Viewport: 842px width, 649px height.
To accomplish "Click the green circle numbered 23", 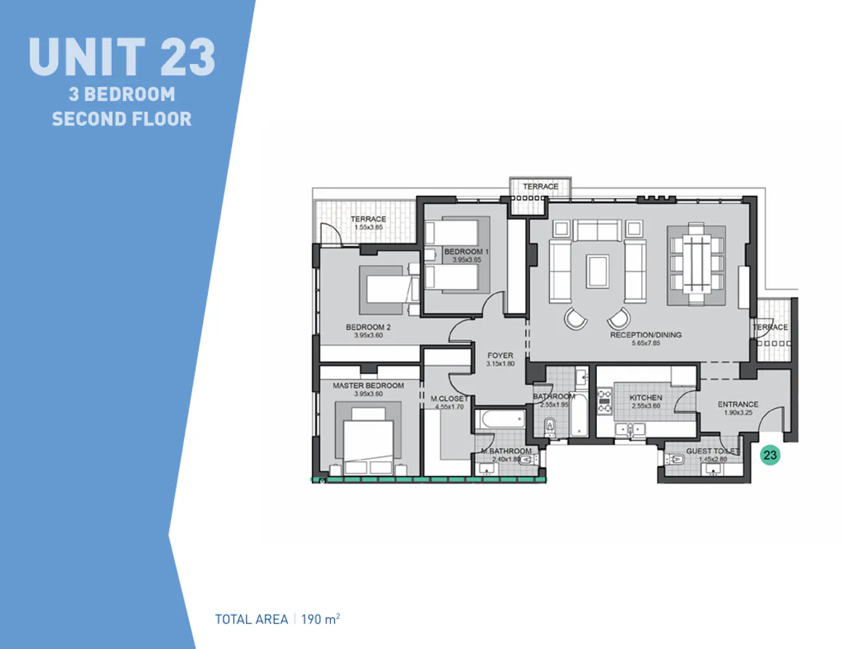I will coord(770,456).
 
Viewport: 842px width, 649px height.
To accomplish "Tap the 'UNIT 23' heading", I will coord(122,57).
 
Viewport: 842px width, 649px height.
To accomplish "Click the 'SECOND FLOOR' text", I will coord(122,118).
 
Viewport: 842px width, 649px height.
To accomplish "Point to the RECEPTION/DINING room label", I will coord(645,335).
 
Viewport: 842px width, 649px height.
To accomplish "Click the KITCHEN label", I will coord(645,398).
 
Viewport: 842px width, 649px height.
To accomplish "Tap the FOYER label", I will coord(500,356).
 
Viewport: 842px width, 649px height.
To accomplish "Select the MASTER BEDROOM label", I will coord(368,385).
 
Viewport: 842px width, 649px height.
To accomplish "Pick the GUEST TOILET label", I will coord(712,451).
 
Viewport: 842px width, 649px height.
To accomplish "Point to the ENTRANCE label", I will coord(738,404).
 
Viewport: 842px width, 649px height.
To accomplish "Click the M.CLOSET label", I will coord(449,399).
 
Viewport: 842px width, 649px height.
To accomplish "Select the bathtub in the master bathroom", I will coord(500,420).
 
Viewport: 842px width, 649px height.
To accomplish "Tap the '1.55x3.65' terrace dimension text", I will coord(368,227).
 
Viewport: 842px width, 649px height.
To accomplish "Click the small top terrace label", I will coord(541,187).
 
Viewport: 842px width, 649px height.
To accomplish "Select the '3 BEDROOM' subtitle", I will coord(122,94).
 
